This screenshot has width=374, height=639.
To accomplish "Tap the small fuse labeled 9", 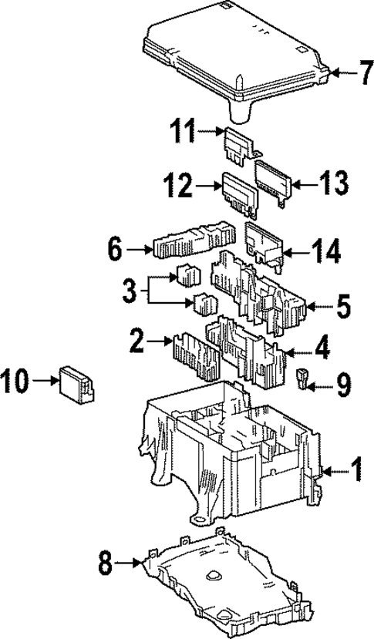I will click(x=303, y=378).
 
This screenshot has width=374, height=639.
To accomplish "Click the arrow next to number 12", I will click(x=207, y=184).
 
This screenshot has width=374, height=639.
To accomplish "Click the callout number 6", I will click(x=114, y=249).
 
